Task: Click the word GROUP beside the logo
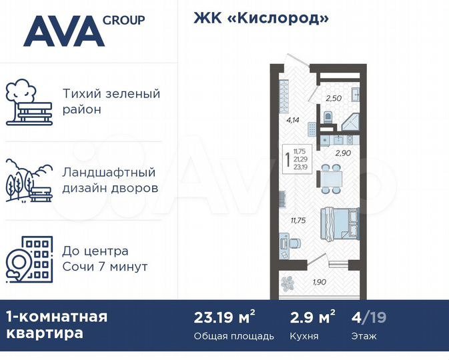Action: [x=123, y=20]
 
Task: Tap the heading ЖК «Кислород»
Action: [x=261, y=18]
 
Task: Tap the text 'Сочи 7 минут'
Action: [x=104, y=267]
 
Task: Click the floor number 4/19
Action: [x=368, y=317]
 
